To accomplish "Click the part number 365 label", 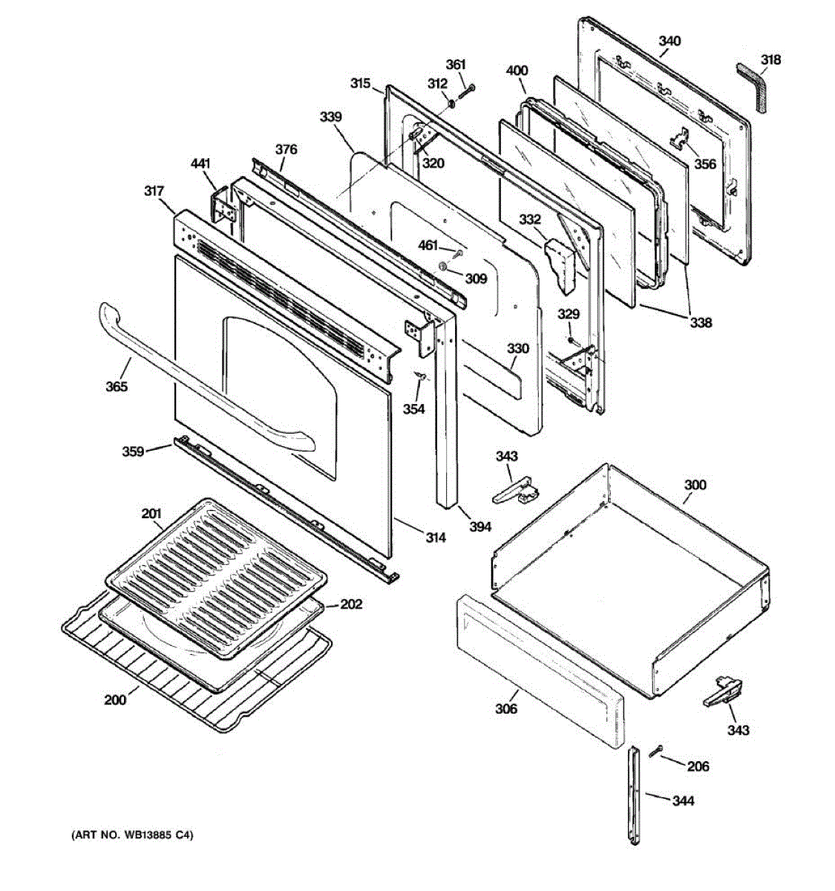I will point(117,386).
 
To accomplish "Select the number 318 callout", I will point(770,60).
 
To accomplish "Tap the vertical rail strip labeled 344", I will point(633,794).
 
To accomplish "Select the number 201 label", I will point(151,513).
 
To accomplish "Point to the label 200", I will point(115,700).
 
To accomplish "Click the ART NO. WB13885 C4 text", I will point(131,835).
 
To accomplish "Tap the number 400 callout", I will point(517,71).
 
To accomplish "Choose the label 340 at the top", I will point(669,41).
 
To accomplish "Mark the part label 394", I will point(480,526).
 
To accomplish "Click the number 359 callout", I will point(134,450).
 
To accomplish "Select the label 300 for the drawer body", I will point(695,485).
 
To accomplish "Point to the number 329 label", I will point(569,314).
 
